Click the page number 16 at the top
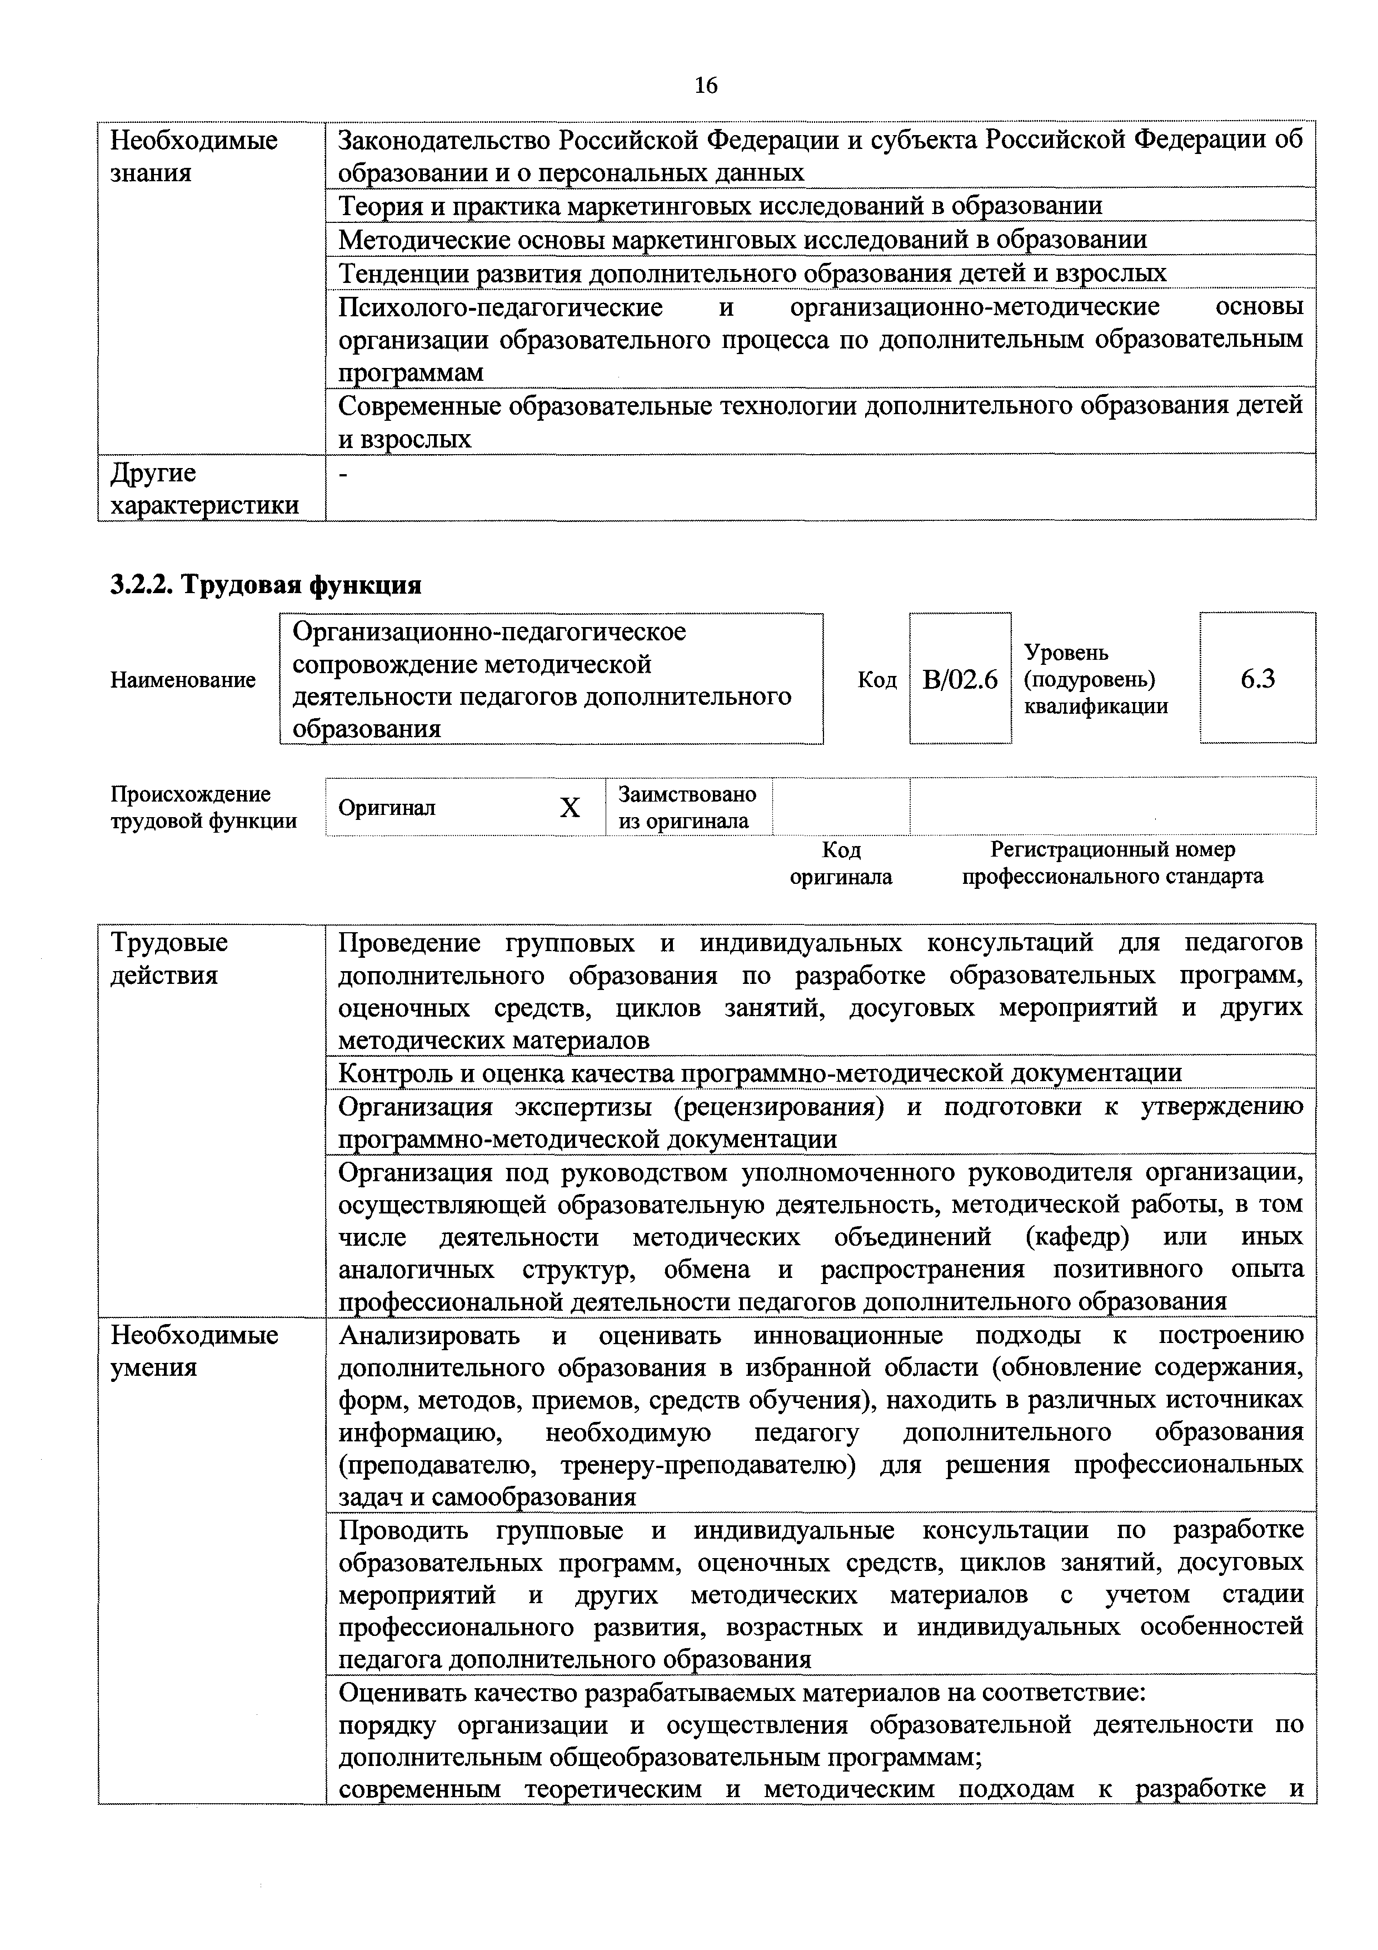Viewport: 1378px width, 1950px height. click(x=706, y=85)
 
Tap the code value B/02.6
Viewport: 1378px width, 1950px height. click(x=960, y=679)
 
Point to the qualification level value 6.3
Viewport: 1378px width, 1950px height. click(x=1257, y=679)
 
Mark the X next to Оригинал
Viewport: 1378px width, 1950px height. click(x=570, y=808)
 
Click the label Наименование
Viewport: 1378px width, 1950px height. click(x=183, y=679)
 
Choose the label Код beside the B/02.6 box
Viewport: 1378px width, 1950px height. click(x=877, y=679)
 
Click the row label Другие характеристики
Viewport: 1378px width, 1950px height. click(x=204, y=489)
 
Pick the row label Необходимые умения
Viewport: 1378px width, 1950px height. click(x=194, y=1351)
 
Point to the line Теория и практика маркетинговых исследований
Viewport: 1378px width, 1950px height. click(x=720, y=206)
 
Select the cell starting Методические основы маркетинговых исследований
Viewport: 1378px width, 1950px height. click(x=742, y=240)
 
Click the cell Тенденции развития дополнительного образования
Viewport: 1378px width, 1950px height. click(x=752, y=272)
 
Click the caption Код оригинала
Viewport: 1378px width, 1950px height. click(x=841, y=863)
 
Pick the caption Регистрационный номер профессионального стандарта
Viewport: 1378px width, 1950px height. click(x=1112, y=863)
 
